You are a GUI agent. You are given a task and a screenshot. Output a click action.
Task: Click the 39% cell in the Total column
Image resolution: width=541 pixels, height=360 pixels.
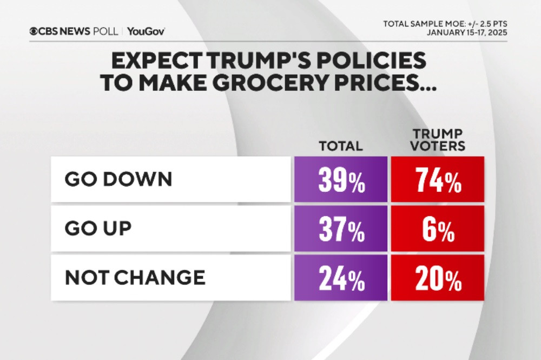pyautogui.click(x=341, y=180)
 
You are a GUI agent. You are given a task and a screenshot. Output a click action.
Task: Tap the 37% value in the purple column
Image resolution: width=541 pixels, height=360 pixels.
pyautogui.click(x=341, y=229)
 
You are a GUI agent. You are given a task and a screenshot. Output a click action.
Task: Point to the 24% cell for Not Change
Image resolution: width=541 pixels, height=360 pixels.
pyautogui.click(x=341, y=278)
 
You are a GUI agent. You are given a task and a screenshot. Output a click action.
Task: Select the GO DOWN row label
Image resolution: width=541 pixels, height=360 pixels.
pyautogui.click(x=118, y=180)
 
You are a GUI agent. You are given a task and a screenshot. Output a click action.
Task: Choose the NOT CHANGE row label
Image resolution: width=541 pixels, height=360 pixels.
pyautogui.click(x=135, y=278)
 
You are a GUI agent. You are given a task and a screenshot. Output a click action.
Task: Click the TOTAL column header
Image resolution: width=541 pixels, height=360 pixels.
pyautogui.click(x=340, y=146)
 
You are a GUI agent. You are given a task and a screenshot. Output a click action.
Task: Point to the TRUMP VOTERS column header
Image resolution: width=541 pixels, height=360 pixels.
pyautogui.click(x=438, y=140)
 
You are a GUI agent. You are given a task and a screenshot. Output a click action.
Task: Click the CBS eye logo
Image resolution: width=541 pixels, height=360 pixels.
pyautogui.click(x=34, y=31)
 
